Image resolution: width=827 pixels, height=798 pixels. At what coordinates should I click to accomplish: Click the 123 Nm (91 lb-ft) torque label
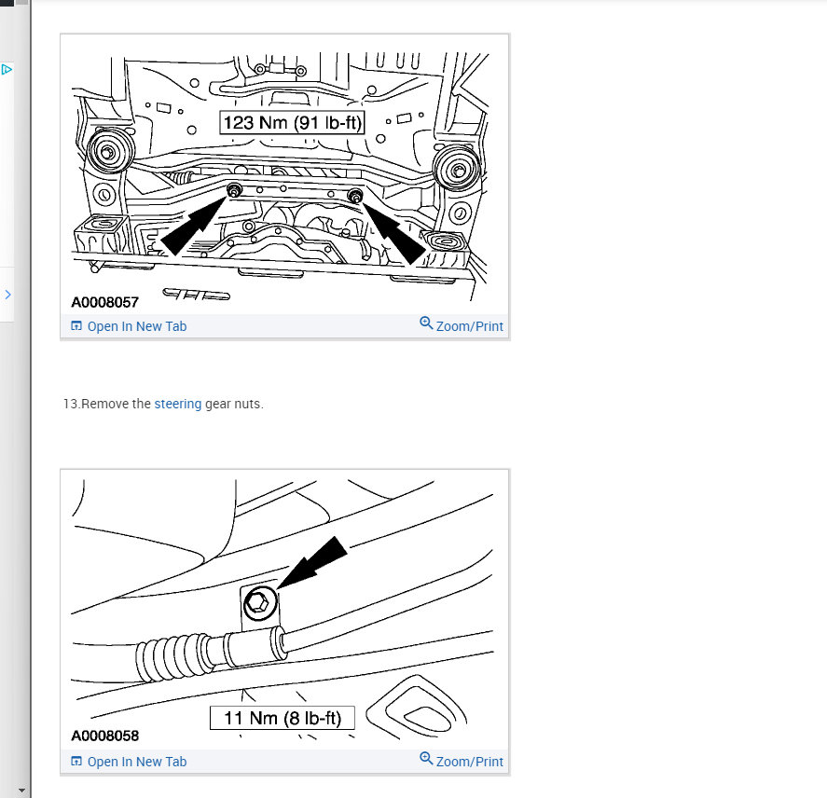(x=292, y=121)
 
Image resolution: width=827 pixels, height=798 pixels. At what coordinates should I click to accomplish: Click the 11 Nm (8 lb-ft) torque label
(x=283, y=718)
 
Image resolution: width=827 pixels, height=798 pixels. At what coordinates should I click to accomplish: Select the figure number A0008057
(x=105, y=302)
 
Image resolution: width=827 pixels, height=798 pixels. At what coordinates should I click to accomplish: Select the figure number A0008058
(x=105, y=736)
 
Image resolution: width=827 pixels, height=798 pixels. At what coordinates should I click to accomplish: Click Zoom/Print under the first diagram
(x=462, y=325)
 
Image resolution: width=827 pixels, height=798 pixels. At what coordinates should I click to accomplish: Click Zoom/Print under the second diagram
(x=462, y=761)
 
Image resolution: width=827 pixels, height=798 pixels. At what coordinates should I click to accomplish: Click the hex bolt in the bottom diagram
(x=258, y=607)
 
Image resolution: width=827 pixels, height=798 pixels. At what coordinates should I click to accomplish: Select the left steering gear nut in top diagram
(x=234, y=192)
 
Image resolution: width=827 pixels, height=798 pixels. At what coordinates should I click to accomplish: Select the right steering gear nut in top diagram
(x=355, y=196)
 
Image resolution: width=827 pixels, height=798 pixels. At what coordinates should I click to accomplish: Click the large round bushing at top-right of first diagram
(x=457, y=170)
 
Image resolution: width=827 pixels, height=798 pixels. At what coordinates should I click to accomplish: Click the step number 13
(x=71, y=404)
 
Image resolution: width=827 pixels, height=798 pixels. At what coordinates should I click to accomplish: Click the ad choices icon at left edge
(x=6, y=69)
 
